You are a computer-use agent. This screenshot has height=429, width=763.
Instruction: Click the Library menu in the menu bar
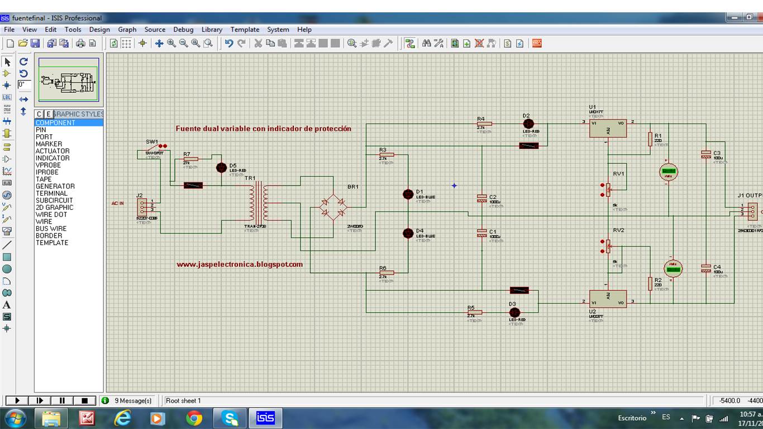coord(212,30)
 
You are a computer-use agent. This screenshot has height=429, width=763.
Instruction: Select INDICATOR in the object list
coord(53,158)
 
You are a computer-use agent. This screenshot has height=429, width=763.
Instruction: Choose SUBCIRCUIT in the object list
coord(54,200)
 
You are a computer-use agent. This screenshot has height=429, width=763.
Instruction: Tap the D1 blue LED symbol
coord(408,194)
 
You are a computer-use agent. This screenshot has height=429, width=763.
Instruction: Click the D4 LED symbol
coord(408,233)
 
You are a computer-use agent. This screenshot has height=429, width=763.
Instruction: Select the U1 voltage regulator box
coord(608,128)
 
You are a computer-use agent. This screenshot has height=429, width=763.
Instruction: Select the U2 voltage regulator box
coord(608,299)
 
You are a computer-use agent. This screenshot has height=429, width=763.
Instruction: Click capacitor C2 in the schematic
coord(481,198)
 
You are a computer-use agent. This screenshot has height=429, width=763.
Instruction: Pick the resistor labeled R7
coord(190,159)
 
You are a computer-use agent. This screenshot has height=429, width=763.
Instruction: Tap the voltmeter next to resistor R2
coord(673,268)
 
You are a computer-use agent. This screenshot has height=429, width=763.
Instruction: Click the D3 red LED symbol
coord(514,313)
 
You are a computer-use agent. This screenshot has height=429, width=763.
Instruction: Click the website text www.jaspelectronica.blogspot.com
coord(240,265)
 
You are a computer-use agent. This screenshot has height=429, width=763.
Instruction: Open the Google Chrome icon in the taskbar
coord(194,418)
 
